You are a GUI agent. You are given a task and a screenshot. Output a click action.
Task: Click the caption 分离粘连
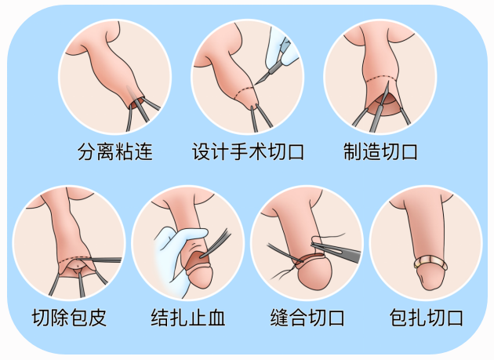coord(115,152)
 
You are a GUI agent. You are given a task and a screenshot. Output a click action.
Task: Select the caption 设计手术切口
coord(248,152)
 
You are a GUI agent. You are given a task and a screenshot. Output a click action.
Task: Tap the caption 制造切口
coord(380,152)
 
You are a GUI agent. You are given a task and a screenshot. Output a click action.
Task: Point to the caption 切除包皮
coord(69,318)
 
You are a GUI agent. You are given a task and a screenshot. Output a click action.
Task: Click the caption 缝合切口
coord(307,318)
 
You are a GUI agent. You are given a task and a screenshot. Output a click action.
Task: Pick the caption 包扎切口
coord(427,318)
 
